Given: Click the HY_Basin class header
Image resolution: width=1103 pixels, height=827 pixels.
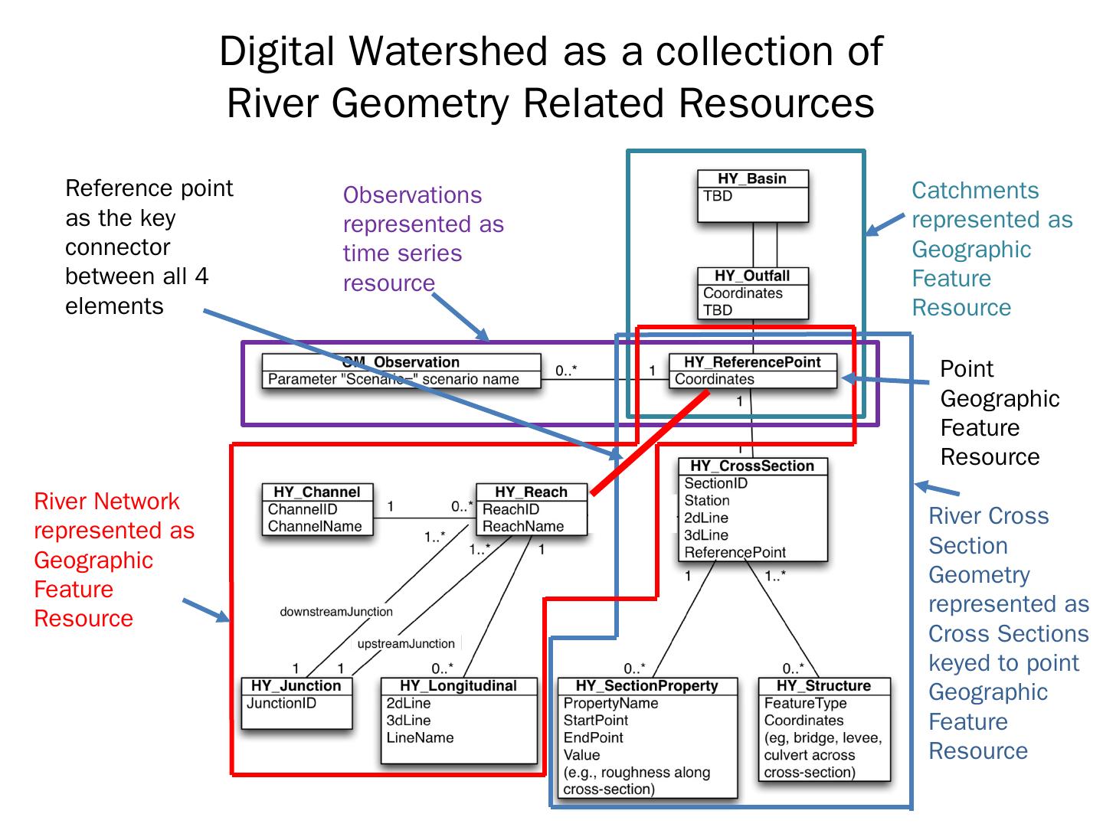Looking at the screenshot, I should point(752,178).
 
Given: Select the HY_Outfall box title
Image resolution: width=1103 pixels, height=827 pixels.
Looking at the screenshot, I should point(752,276).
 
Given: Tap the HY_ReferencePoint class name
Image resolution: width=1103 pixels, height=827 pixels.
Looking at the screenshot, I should point(752,362).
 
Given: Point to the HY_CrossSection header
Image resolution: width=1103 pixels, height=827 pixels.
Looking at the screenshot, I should point(752,466).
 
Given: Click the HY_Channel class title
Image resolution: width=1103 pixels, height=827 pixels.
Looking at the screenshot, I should point(316,492).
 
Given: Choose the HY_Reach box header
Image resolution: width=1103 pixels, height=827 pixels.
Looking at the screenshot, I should point(531,492).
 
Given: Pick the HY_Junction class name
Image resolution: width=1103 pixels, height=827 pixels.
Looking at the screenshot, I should point(296,685).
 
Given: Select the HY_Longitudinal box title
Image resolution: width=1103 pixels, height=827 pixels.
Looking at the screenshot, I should point(458,685).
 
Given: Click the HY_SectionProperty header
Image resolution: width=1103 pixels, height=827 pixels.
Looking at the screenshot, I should point(646,685).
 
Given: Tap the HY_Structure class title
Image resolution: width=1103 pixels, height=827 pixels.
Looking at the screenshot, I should point(823,685).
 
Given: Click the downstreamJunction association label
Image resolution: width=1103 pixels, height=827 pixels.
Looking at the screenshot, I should point(336,612).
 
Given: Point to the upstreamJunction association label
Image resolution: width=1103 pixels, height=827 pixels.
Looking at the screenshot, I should point(406,643).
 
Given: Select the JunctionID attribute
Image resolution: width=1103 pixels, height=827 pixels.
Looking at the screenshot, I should point(281,703).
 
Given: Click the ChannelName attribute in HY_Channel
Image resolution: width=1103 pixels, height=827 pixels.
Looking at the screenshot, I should point(314,526).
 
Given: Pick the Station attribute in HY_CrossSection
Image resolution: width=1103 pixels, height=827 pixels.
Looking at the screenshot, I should point(706,500).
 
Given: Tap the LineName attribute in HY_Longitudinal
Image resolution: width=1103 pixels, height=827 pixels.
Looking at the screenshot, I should point(420,737).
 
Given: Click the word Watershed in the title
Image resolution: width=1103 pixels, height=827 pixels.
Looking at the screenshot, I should point(448,51).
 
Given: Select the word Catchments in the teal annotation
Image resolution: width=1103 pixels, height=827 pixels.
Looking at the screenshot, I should point(975,190).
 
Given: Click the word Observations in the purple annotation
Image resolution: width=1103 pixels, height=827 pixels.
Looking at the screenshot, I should point(412,194).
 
